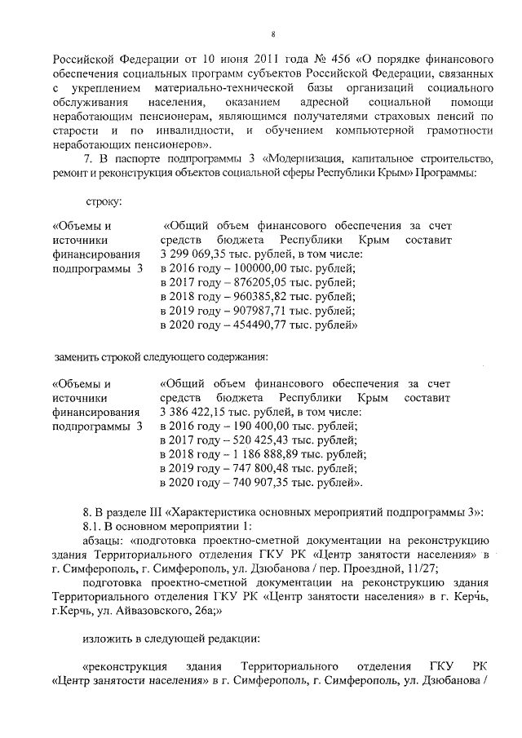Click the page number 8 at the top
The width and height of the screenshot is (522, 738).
click(273, 34)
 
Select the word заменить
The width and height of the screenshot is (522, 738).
click(78, 356)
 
